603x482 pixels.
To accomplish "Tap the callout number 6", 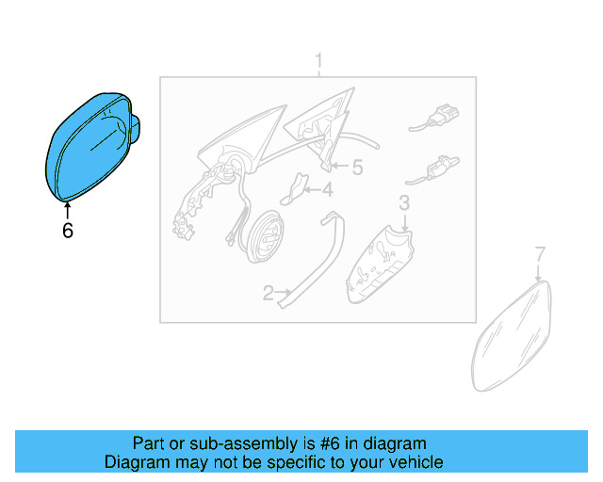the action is tap(68, 231).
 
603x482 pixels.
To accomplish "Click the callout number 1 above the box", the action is tap(318, 61).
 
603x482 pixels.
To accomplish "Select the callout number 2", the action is tap(268, 294).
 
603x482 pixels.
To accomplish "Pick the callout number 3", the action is tap(404, 203).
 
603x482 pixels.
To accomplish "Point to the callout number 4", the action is tap(327, 190).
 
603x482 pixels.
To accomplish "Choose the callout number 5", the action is tap(358, 168).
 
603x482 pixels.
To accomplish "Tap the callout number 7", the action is tap(540, 254).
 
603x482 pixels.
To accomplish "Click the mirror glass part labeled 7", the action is tap(511, 337).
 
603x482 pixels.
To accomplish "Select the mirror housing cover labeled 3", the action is tap(379, 265).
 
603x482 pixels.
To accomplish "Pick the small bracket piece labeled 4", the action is tap(295, 188).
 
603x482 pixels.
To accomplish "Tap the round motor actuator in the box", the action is tap(266, 236).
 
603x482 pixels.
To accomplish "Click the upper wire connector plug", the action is tap(434, 118).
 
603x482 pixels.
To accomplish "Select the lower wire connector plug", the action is tap(432, 170).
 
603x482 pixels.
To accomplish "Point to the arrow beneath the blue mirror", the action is tap(68, 212).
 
